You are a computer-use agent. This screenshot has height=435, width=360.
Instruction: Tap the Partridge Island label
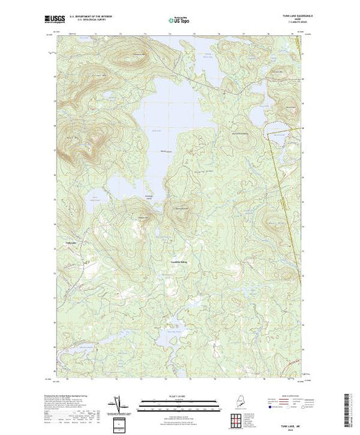[147, 199]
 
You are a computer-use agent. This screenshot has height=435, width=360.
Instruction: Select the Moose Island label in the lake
[165, 150]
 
